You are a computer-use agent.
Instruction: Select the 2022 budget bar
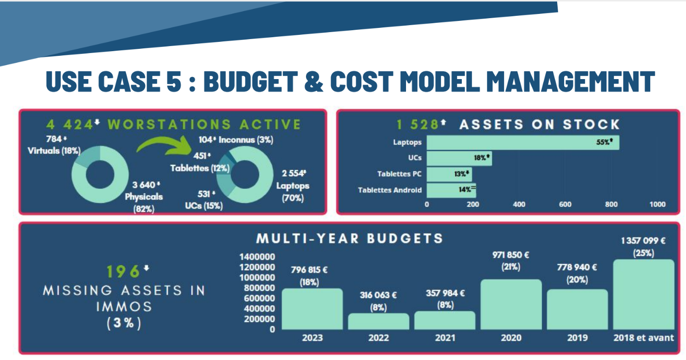coord(379,321)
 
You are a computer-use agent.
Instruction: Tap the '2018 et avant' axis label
coord(643,338)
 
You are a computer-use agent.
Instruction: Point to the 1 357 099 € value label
coord(643,241)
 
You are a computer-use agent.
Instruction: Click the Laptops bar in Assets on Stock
coord(523,142)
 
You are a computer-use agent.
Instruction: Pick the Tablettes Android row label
coord(390,190)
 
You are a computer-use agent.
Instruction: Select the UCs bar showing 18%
coord(459,158)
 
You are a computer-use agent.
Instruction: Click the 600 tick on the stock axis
coord(565,204)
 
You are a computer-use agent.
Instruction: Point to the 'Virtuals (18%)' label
coord(54,150)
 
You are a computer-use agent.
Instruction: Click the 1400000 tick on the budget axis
coord(257,257)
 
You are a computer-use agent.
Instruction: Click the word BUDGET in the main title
coord(250,81)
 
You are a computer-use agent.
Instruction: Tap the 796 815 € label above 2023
coord(309,270)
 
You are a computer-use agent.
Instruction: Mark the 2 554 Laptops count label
coord(293,173)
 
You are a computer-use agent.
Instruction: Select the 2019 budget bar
coord(577,309)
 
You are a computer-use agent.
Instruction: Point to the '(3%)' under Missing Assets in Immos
coord(124,323)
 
